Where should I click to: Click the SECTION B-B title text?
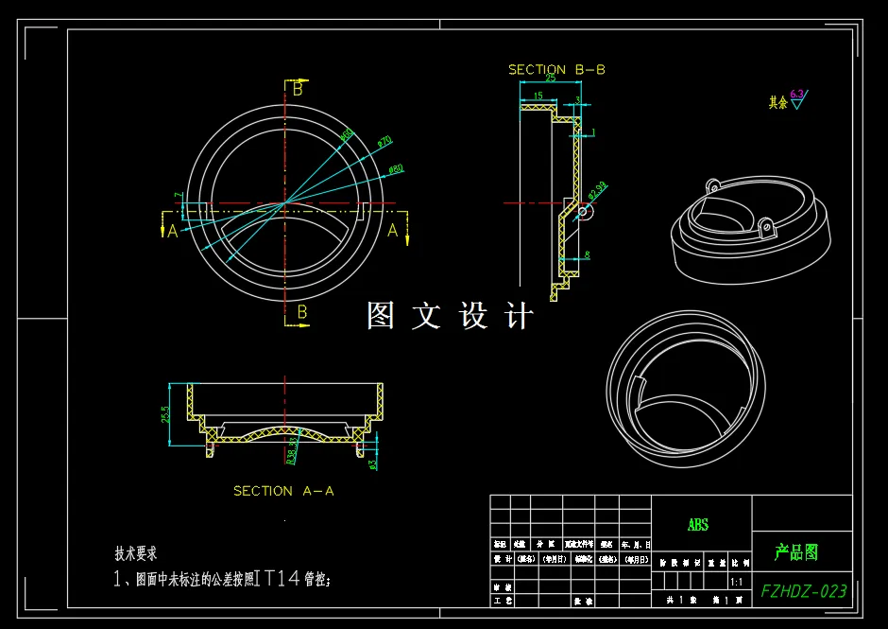[556, 69]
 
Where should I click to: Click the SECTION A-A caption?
[283, 491]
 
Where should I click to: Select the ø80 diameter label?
[396, 169]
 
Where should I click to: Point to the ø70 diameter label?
[384, 142]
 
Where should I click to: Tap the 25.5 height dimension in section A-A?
[165, 414]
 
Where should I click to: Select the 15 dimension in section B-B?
[538, 96]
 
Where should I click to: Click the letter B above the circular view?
[298, 90]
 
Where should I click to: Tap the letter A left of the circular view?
[172, 231]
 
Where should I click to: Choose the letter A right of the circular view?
[393, 229]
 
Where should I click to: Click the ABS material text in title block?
[697, 525]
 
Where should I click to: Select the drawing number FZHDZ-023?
[803, 591]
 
